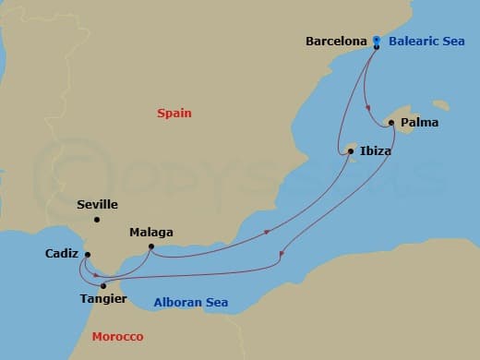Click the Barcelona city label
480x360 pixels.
click(337, 42)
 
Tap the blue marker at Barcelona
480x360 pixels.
click(377, 41)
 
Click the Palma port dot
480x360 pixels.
click(391, 122)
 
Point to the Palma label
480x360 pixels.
click(419, 122)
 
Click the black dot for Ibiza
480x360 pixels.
click(350, 150)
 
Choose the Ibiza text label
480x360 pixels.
click(375, 150)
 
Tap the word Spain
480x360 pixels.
click(174, 113)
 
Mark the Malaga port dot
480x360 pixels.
click(150, 246)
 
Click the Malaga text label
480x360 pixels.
click(151, 233)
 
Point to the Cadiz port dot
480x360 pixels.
click(88, 255)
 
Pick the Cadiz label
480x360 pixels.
click(61, 254)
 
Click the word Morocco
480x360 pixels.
click(117, 336)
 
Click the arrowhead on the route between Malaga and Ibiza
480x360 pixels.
click(268, 232)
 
